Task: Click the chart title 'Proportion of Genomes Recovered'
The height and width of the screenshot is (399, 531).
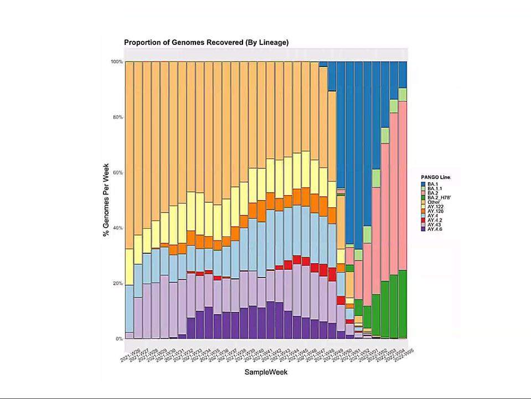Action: point(206,43)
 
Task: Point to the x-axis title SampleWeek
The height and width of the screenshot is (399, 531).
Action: point(266,372)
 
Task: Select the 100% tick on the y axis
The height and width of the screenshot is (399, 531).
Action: point(116,62)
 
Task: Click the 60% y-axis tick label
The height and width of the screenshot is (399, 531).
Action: point(116,172)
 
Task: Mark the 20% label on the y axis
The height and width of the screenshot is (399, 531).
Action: point(116,283)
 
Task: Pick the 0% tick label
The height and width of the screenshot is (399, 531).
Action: point(118,339)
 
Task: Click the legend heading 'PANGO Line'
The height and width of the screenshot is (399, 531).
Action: point(436,177)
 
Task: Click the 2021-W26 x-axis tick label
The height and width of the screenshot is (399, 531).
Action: point(131,352)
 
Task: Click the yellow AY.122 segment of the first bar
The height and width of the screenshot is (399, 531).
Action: point(129,267)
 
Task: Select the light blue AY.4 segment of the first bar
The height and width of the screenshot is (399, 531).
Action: point(129,308)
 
